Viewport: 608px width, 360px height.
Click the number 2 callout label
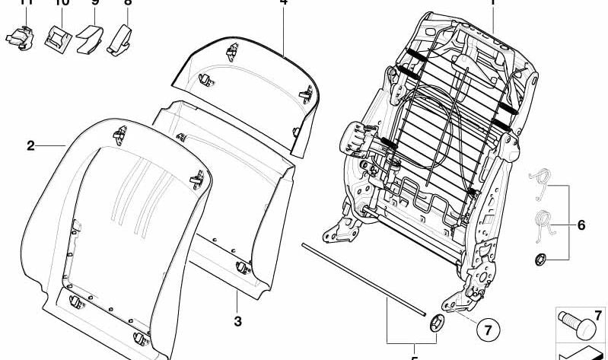coord(30,145)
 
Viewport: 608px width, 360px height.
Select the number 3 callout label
coord(237,322)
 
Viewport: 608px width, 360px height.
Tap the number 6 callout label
coord(581,225)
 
